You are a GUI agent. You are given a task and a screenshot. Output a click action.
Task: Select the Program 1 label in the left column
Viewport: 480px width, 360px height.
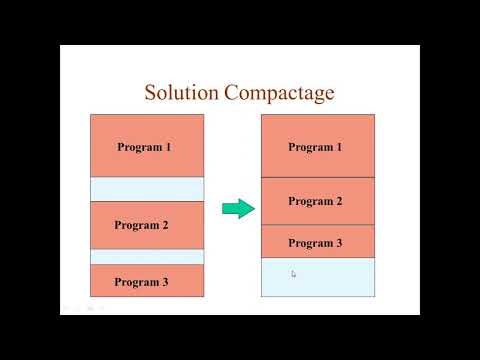144,147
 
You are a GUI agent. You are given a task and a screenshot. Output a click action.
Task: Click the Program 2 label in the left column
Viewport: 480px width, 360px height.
141,225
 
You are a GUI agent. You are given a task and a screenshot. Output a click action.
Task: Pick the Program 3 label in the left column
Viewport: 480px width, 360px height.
141,282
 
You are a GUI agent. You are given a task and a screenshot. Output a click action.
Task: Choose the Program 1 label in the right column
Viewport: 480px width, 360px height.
315,147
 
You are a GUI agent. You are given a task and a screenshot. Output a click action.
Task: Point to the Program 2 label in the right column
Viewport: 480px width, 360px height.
315,201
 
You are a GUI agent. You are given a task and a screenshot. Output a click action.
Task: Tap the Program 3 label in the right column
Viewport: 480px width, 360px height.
315,243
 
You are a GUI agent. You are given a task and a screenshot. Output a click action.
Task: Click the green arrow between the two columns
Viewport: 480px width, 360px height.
238,208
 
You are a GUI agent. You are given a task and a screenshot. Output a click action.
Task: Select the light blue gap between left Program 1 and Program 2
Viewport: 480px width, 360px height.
147,189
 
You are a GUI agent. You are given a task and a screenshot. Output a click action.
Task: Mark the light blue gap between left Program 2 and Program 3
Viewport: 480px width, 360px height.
147,257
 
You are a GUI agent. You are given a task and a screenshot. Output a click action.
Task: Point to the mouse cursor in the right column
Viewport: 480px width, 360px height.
293,273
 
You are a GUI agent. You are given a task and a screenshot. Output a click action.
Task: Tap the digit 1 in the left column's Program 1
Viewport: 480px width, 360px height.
168,147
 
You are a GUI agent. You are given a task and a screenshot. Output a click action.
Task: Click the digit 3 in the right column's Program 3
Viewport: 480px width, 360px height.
339,243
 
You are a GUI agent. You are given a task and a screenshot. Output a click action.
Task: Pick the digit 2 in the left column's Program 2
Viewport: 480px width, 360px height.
165,225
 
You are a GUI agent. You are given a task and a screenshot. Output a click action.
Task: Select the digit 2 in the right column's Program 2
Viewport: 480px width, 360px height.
339,201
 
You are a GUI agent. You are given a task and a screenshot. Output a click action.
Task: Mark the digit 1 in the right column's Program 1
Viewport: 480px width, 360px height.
339,147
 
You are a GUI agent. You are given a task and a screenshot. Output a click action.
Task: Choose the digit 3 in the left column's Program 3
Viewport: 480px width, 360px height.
165,282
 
